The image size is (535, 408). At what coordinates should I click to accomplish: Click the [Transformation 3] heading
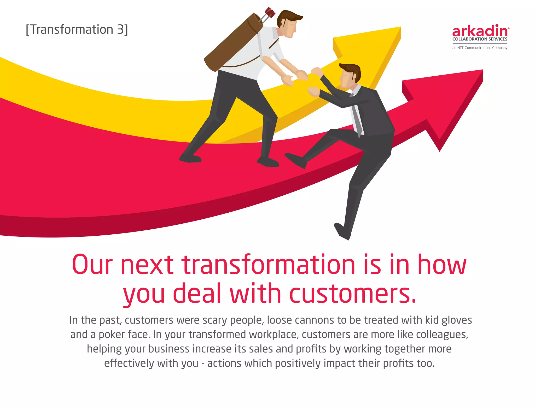[77, 30]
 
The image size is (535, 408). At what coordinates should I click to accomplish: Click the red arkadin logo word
[480, 31]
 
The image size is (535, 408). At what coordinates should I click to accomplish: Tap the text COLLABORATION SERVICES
[480, 39]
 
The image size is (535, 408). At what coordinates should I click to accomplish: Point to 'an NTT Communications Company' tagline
[480, 48]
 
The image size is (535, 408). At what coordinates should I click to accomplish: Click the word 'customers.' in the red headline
[353, 293]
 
